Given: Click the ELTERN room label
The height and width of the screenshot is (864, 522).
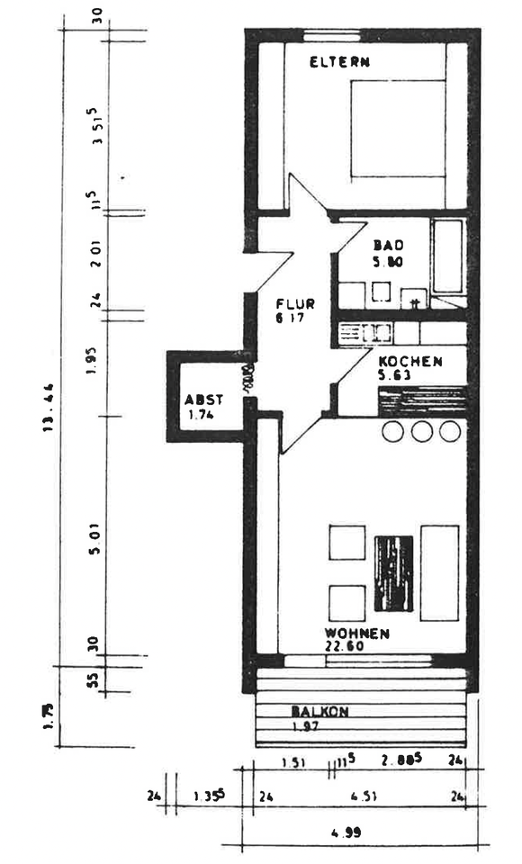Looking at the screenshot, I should (340, 62).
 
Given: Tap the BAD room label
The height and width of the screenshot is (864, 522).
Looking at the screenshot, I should (389, 245).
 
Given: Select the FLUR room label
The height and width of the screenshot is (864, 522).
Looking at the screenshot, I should (294, 303).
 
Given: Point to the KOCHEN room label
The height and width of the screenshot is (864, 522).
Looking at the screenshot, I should (409, 361).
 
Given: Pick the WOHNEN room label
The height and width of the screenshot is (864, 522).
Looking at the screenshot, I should (357, 633).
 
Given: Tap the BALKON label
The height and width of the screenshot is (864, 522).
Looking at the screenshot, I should (319, 710).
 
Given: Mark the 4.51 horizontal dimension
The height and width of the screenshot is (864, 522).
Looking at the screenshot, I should (364, 796).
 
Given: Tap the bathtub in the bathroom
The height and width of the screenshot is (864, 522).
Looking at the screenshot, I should (447, 256).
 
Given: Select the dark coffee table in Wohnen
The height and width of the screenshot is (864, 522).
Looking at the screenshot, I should (393, 576).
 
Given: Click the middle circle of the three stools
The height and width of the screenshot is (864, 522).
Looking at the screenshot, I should (421, 431).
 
